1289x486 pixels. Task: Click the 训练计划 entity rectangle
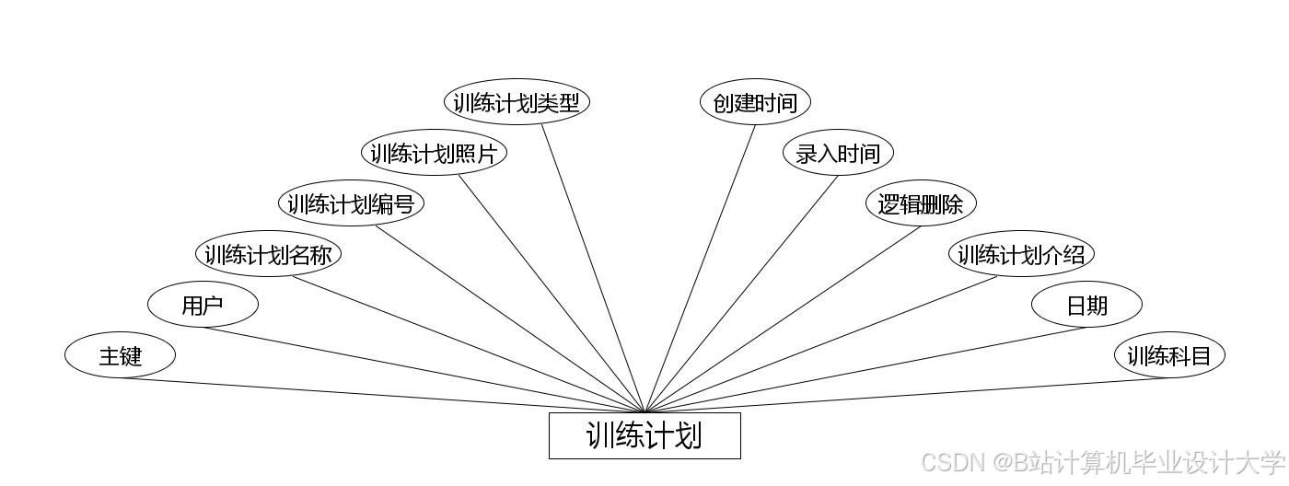pos(644,435)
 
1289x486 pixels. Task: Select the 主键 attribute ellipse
pos(120,354)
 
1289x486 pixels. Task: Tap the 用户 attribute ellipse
pos(203,305)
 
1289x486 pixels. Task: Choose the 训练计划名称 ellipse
pos(268,254)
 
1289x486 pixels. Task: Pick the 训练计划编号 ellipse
pos(351,203)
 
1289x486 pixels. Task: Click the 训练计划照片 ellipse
pos(434,153)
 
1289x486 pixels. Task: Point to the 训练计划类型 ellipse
pos(517,102)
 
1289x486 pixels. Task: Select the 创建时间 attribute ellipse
pos(755,102)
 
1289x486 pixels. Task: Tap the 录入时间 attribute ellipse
pos(838,153)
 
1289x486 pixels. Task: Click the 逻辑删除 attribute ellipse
pos(921,203)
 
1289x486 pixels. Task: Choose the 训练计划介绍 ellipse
pos(1022,254)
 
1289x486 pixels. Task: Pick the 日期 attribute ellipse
pos(1086,305)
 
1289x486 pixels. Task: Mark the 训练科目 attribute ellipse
pos(1169,355)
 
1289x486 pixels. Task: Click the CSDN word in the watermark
pos(948,462)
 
